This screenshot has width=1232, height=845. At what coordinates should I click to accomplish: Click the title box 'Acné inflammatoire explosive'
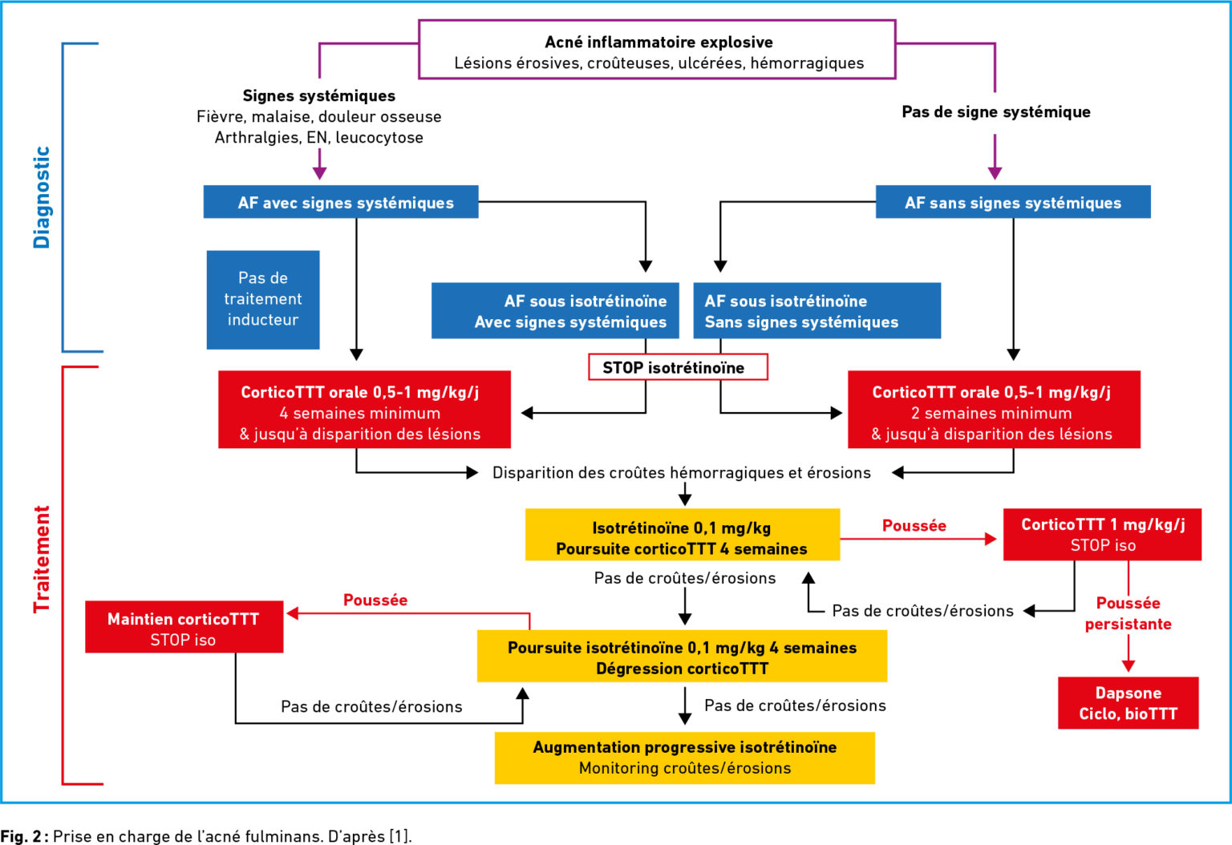[657, 50]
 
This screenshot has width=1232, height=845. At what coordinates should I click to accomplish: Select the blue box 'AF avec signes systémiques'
[341, 202]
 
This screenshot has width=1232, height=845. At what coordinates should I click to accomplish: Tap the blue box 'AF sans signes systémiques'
[1013, 202]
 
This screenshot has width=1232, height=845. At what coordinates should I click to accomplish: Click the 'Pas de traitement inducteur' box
[263, 300]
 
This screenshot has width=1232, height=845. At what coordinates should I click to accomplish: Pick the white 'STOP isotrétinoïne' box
[678, 366]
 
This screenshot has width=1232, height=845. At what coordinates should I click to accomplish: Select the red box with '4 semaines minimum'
[364, 410]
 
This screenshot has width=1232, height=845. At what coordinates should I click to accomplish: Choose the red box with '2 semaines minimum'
[994, 410]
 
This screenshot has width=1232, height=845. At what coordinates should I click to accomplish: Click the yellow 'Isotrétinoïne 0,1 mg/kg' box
[683, 535]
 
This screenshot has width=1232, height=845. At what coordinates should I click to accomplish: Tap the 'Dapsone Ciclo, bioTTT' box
[1128, 703]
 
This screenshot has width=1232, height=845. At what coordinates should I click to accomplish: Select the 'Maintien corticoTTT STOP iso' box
[184, 627]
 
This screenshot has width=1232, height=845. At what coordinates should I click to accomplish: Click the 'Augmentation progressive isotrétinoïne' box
[685, 758]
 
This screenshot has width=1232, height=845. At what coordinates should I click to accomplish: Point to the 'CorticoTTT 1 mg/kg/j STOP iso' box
[1102, 535]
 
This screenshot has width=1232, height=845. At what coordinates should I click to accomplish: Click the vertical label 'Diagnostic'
[42, 197]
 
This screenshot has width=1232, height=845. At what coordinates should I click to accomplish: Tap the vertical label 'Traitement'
[42, 559]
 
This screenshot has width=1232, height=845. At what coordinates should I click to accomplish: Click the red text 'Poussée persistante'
[1128, 613]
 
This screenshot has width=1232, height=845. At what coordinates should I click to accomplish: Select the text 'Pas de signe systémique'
[996, 112]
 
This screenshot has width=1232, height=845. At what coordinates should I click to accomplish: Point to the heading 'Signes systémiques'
[319, 95]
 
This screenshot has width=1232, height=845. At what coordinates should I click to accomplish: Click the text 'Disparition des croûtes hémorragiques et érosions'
[682, 473]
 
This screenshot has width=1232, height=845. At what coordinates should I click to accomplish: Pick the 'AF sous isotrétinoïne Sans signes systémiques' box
[817, 310]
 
